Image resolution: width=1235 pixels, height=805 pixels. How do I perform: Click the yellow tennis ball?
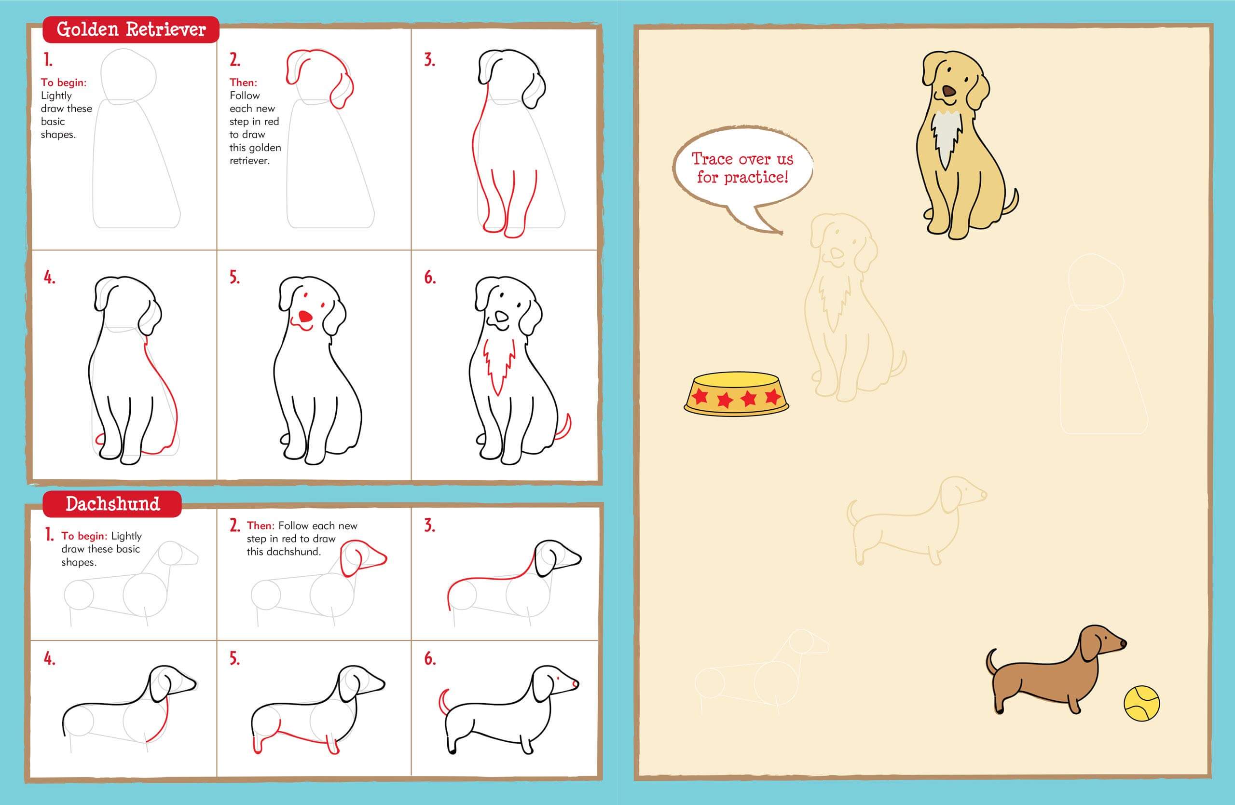coord(1141,703)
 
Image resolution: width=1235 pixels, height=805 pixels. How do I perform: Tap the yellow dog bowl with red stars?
coord(736,394)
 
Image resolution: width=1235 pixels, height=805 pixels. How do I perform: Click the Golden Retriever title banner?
coord(131,29)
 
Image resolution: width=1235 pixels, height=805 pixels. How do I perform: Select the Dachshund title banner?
coord(112,504)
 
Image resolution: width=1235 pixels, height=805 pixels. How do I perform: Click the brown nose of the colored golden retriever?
coord(948,92)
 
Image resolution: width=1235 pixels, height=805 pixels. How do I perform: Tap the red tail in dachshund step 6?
coord(443,701)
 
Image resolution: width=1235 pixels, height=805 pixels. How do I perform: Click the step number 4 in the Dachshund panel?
coord(49,659)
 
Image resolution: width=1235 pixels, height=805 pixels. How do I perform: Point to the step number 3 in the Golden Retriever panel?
coord(429,60)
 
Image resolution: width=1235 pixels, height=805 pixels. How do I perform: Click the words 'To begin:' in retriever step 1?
coord(63,82)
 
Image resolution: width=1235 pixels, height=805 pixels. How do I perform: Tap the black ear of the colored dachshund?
coord(1088,645)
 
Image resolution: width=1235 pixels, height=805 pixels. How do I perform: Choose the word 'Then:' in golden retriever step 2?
coord(243,82)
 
